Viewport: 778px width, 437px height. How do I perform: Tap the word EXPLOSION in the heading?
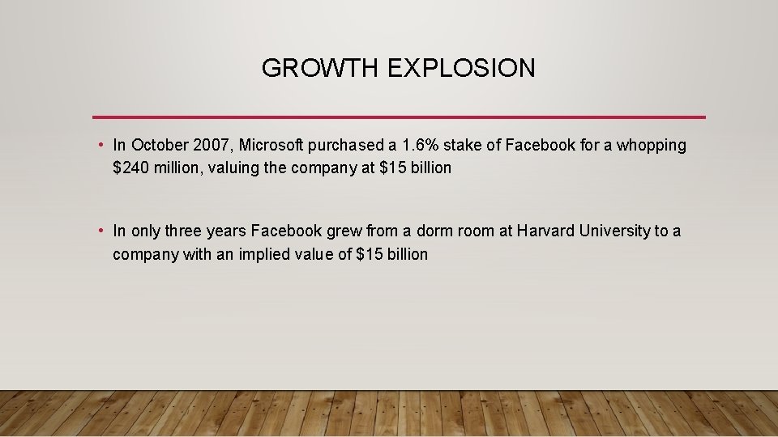pyautogui.click(x=461, y=69)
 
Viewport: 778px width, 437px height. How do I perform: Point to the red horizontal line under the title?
pyautogui.click(x=399, y=117)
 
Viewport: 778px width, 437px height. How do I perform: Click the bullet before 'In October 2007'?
pyautogui.click(x=99, y=146)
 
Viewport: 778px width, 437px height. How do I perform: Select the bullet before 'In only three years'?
pyautogui.click(x=99, y=231)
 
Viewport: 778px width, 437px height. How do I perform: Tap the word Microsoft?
pyautogui.click(x=271, y=146)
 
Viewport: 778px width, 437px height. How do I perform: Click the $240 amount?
pyautogui.click(x=127, y=168)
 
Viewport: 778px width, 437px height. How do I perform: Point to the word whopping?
pyautogui.click(x=652, y=146)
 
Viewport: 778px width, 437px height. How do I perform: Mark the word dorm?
pyautogui.click(x=435, y=231)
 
